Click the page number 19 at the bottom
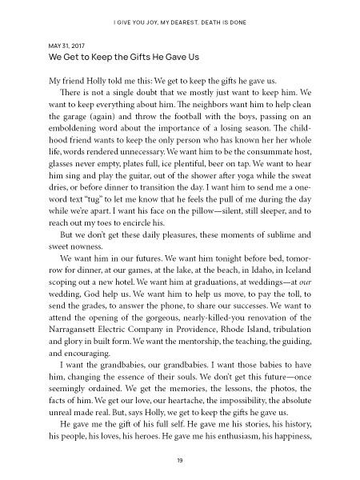[x=180, y=460]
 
